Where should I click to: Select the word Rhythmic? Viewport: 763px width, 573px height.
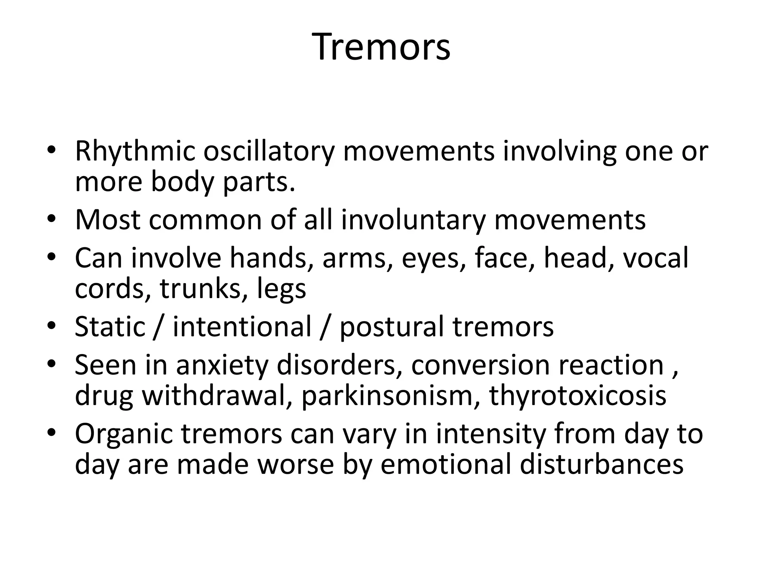pos(135,152)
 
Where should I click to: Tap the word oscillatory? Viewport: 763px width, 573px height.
pos(268,152)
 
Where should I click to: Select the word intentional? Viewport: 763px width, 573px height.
pos(242,326)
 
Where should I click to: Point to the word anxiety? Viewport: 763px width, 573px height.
pos(222,366)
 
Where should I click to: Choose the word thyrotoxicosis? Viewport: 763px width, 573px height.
pos(578,396)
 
